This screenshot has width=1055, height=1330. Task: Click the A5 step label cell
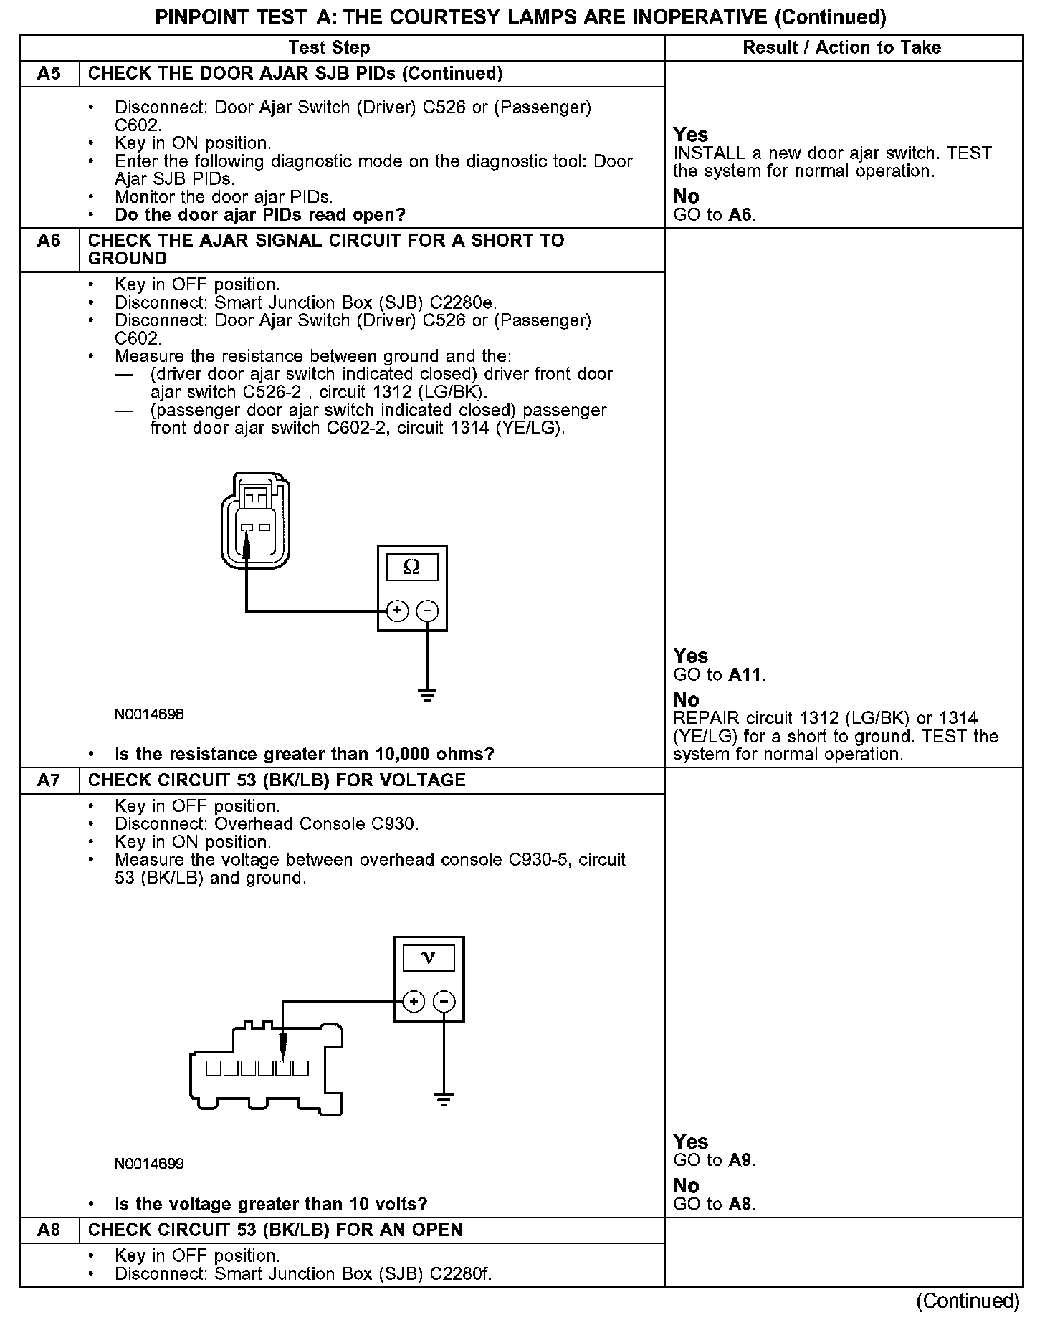(49, 74)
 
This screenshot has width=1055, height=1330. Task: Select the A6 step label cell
(49, 241)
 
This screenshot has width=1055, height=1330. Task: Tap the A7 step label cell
(49, 780)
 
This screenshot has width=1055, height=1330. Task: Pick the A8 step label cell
(49, 1230)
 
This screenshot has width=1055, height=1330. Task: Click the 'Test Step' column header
(329, 48)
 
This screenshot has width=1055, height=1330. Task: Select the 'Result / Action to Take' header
(842, 48)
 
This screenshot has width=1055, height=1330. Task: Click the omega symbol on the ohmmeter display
(412, 568)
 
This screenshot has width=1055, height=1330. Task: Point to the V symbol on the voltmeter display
(429, 958)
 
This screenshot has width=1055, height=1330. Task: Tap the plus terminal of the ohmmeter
(397, 611)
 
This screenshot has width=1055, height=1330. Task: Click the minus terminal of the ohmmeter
(428, 611)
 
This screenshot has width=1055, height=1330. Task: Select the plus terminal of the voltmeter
(414, 1001)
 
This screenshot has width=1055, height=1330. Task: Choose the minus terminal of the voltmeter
(444, 1001)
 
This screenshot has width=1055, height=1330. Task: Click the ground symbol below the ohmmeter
(427, 694)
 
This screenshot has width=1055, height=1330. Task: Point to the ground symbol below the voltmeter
(444, 1099)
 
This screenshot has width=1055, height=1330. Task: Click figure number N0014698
(149, 714)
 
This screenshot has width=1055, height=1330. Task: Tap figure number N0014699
(149, 1164)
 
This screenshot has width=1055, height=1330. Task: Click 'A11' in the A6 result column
(745, 675)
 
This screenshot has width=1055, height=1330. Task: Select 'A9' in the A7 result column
(740, 1161)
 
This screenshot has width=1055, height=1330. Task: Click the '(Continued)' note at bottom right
(968, 1301)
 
